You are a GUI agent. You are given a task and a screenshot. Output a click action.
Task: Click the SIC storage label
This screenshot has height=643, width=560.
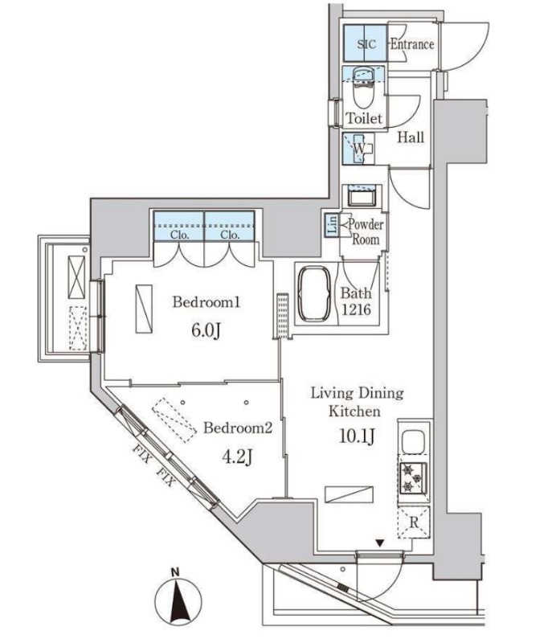(x=366, y=44)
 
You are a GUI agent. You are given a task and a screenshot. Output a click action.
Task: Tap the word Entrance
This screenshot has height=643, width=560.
(x=411, y=44)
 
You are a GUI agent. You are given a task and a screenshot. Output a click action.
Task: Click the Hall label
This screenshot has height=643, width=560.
(x=411, y=137)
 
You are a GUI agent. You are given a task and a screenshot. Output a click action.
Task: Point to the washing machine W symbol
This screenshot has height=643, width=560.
(x=359, y=149)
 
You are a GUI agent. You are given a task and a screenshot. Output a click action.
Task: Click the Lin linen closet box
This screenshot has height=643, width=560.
(x=333, y=225)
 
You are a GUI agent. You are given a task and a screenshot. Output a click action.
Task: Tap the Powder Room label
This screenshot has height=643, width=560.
(x=366, y=231)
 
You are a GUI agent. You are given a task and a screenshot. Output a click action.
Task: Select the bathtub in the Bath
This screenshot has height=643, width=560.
(x=315, y=294)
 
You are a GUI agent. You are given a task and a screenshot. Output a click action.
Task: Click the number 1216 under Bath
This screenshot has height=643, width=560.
(x=356, y=309)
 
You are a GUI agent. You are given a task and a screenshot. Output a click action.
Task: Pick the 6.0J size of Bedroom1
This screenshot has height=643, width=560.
(x=206, y=330)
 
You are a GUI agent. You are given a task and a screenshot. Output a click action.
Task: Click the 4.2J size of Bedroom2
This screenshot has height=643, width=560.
(x=237, y=457)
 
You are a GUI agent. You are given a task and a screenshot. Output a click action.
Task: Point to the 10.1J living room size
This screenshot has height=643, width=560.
(x=357, y=436)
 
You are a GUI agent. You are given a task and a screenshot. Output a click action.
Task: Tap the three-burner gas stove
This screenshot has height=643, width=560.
(x=413, y=477)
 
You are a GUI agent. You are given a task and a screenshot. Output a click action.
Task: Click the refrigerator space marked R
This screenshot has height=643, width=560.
(x=414, y=522)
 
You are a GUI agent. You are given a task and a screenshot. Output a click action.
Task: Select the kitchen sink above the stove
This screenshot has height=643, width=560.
(x=413, y=441)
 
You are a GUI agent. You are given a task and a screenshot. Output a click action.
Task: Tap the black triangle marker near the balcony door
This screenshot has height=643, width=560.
(x=380, y=544)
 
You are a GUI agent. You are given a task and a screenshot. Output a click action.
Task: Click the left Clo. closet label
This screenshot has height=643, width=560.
(x=179, y=235)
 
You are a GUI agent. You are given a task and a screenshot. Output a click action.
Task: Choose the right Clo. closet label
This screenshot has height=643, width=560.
(x=230, y=235)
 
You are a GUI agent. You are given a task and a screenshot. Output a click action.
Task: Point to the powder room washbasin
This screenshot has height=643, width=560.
(x=362, y=195)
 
